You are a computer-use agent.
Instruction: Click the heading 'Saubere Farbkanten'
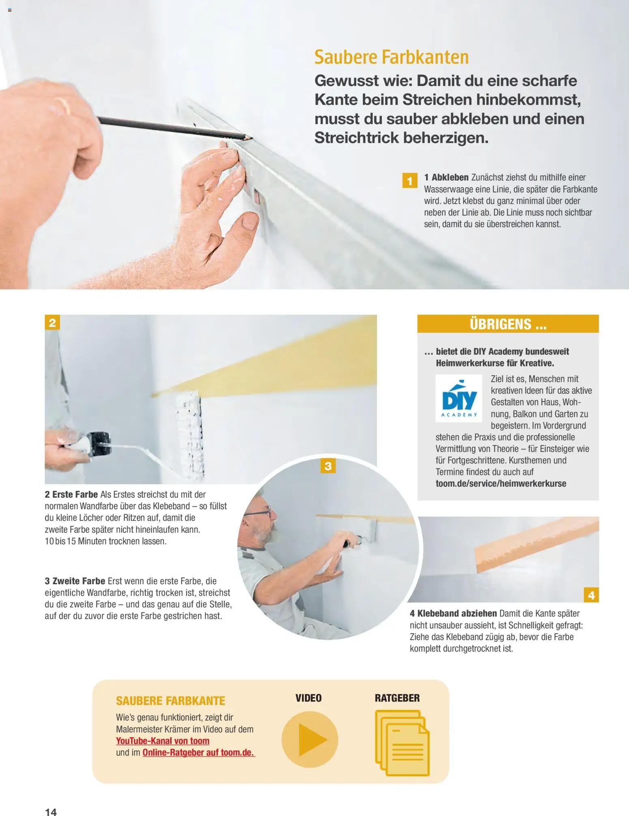(392, 57)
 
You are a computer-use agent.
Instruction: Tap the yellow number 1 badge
(409, 181)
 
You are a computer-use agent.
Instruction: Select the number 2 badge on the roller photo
(52, 322)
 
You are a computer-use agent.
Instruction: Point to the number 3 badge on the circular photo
(328, 466)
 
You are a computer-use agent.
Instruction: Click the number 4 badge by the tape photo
(591, 595)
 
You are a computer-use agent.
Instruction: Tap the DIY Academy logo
(459, 398)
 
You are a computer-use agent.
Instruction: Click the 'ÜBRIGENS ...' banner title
(508, 324)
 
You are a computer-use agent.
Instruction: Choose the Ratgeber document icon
(402, 743)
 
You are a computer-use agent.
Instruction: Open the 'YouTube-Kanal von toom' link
(163, 741)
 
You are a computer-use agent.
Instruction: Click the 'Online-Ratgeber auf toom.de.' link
(198, 753)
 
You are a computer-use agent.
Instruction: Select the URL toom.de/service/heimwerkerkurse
(501, 484)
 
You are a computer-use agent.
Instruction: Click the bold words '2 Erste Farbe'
(71, 494)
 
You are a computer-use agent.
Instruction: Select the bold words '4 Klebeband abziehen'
(453, 613)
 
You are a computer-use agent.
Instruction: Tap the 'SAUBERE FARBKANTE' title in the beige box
(170, 701)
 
